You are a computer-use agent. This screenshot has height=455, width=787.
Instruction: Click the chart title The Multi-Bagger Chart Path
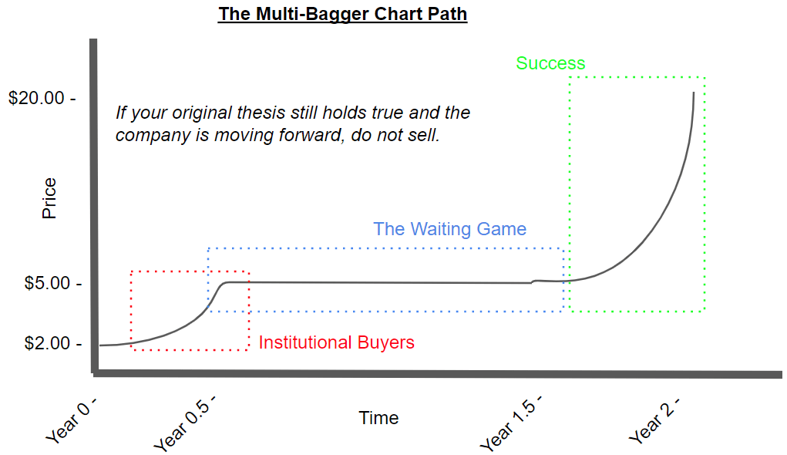[343, 14]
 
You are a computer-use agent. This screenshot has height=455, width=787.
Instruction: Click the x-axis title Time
[378, 418]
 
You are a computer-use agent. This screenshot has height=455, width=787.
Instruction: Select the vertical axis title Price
[49, 198]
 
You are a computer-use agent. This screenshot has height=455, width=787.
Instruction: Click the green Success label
[550, 63]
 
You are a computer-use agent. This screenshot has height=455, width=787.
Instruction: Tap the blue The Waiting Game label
[450, 229]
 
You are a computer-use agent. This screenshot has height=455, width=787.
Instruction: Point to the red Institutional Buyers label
[337, 342]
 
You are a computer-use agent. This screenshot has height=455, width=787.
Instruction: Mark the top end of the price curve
[694, 93]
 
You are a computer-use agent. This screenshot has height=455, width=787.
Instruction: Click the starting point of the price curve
[101, 345]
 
